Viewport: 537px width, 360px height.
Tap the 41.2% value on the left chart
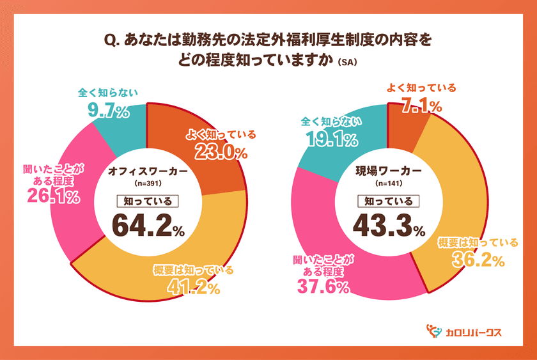[192, 288]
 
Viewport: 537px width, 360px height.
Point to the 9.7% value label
[108, 112]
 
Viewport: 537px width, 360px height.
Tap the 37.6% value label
[323, 287]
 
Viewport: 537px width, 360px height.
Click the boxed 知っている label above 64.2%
[147, 201]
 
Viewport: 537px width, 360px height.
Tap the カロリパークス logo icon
[434, 331]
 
